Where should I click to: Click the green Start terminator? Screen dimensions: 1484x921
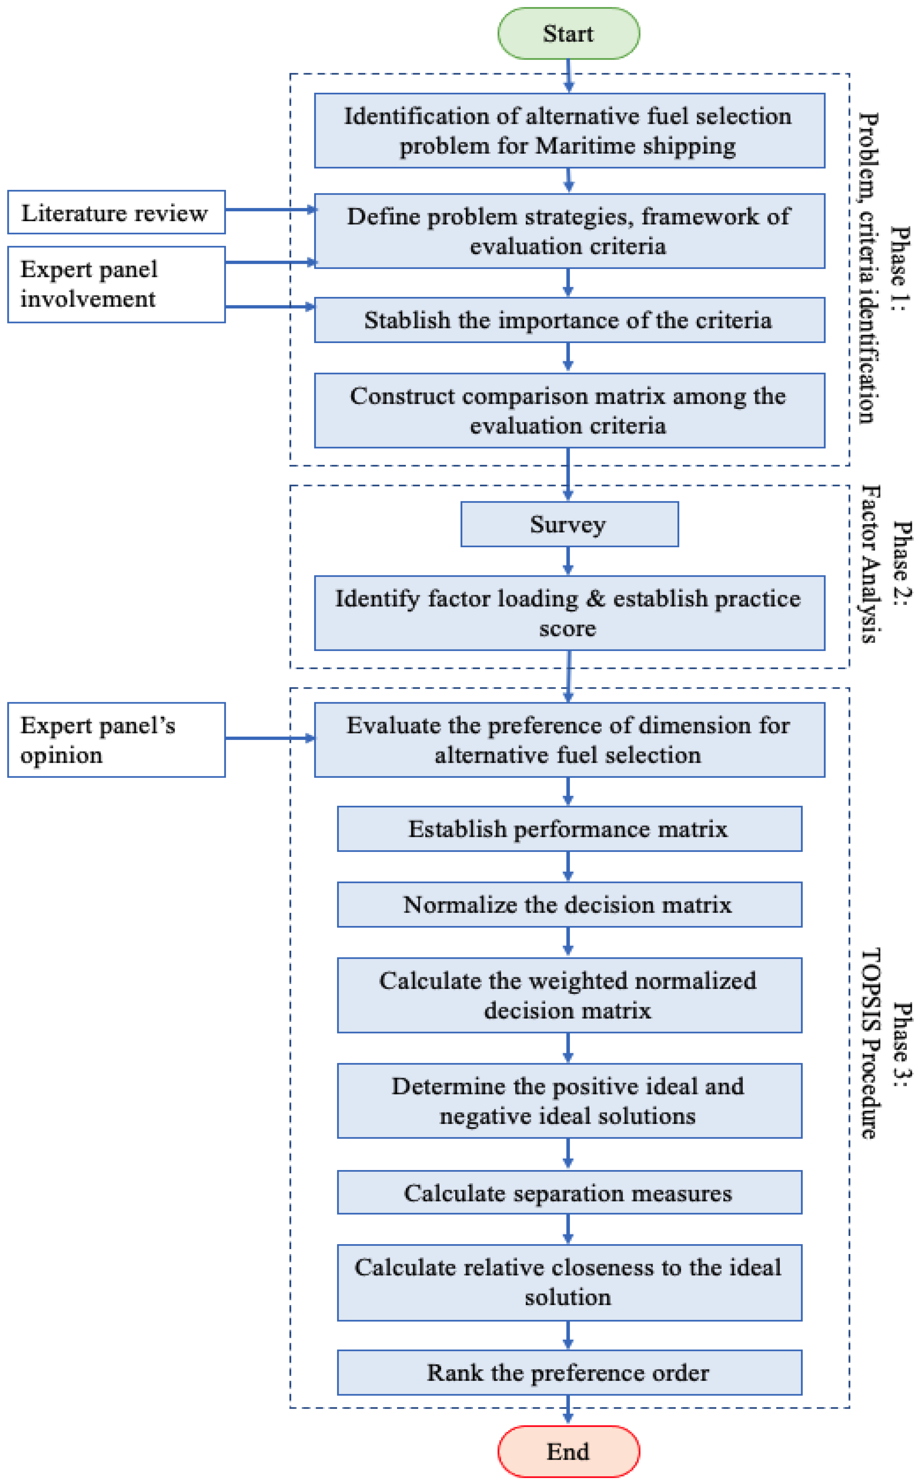tap(568, 33)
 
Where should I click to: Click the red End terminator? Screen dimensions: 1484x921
tap(568, 1451)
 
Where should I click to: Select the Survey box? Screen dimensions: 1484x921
tap(569, 524)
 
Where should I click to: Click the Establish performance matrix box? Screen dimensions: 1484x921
tap(569, 829)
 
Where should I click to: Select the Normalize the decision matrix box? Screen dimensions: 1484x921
tap(569, 905)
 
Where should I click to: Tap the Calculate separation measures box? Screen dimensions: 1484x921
tap(569, 1193)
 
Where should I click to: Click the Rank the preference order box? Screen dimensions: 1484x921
tap(569, 1373)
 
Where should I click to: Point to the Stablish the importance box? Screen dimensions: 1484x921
tap(569, 320)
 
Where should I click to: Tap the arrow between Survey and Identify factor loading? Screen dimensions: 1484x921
tap(568, 560)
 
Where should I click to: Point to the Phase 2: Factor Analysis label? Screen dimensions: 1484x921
tap(886, 564)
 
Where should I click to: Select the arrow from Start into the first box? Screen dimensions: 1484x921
tap(568, 76)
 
